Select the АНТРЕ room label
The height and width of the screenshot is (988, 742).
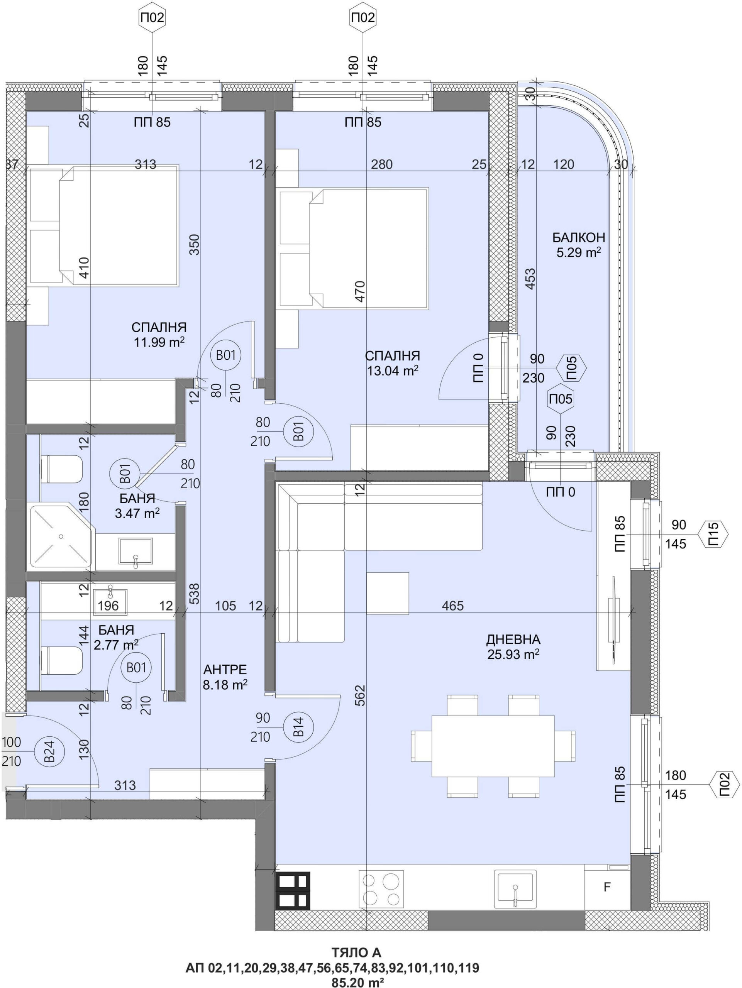click(225, 670)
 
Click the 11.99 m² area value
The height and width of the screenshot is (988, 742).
click(159, 343)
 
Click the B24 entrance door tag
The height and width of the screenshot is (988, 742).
click(51, 752)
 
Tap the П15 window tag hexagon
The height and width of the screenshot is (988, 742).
click(713, 534)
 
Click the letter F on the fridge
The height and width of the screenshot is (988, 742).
click(606, 886)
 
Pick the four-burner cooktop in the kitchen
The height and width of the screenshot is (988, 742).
click(381, 888)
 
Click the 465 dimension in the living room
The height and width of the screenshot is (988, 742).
click(452, 606)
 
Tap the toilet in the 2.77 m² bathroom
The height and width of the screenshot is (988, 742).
click(62, 661)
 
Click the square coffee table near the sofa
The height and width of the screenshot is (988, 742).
click(388, 594)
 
